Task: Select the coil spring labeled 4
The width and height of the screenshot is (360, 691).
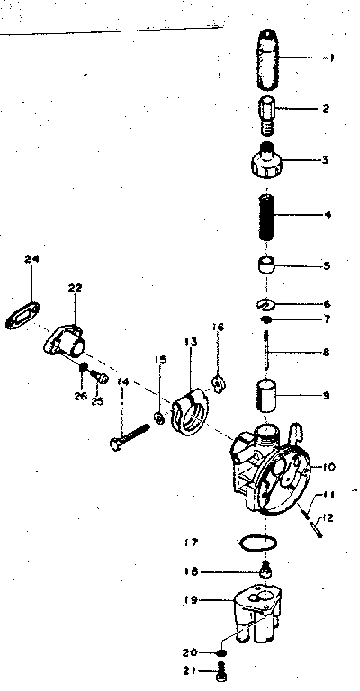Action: pos(266,216)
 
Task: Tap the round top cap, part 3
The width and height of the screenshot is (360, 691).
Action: pos(266,164)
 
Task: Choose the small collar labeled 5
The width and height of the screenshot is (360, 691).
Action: pos(266,265)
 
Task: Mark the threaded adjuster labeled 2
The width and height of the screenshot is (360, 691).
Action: pos(266,112)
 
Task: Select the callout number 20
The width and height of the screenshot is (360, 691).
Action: pos(190,651)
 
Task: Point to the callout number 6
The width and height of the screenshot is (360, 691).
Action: pos(326,304)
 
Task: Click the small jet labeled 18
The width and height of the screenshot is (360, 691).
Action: pos(266,570)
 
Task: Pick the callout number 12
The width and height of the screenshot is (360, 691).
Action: pos(328,516)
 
